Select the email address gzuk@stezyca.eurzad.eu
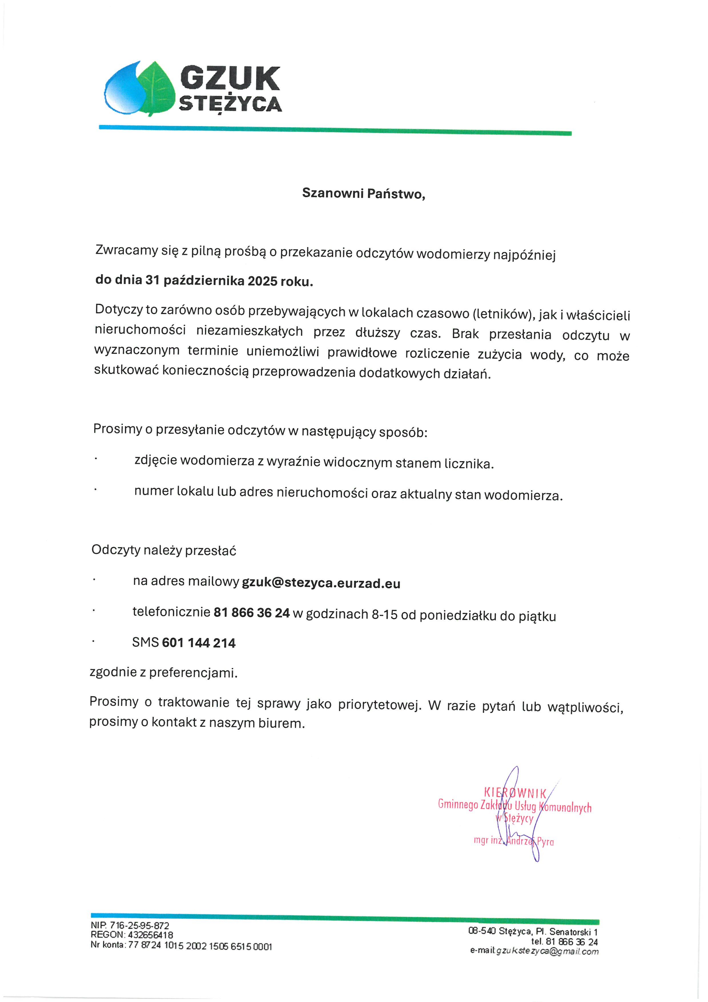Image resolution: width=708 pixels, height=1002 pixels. coord(321,583)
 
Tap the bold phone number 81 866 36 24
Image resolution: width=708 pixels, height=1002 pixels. coord(252,613)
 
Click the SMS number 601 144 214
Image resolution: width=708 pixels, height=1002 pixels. coord(199,643)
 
